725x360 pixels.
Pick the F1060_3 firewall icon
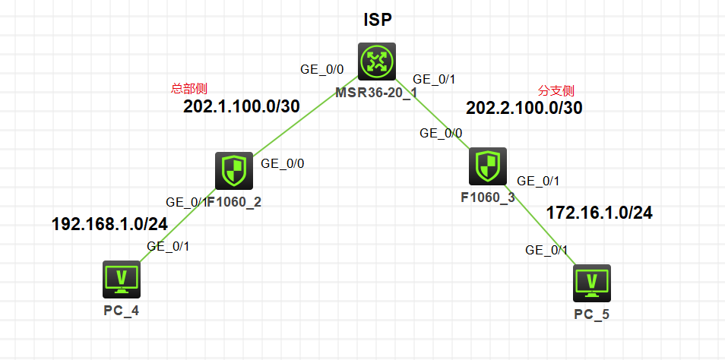click(x=488, y=166)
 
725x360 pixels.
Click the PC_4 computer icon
click(x=121, y=279)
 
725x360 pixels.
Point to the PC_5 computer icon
click(x=592, y=283)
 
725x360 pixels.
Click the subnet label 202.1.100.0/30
click(x=241, y=106)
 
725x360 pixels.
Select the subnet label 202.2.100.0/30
click(x=524, y=108)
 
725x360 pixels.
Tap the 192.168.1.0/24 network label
click(x=109, y=224)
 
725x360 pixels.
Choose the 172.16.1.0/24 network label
click(x=599, y=213)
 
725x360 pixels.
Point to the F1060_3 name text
click(x=488, y=197)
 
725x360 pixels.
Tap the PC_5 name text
click(x=592, y=314)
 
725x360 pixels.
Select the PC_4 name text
click(x=121, y=310)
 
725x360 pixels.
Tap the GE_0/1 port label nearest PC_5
click(x=547, y=250)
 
